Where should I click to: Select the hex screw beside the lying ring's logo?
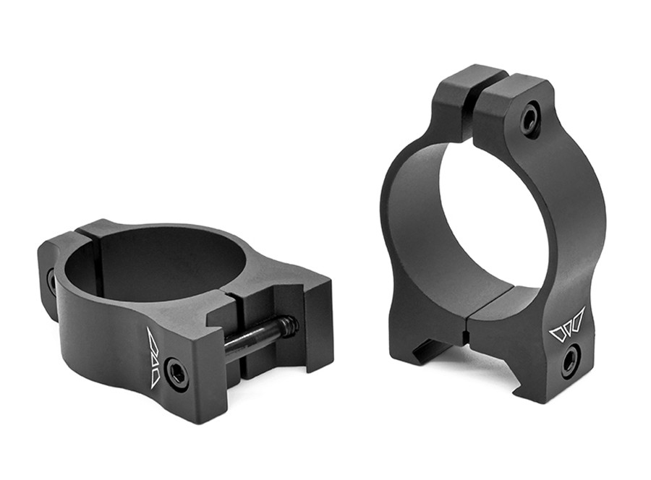coord(176,372)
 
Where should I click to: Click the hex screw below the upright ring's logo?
coord(570,359)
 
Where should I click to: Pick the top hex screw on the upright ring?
coord(530,119)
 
